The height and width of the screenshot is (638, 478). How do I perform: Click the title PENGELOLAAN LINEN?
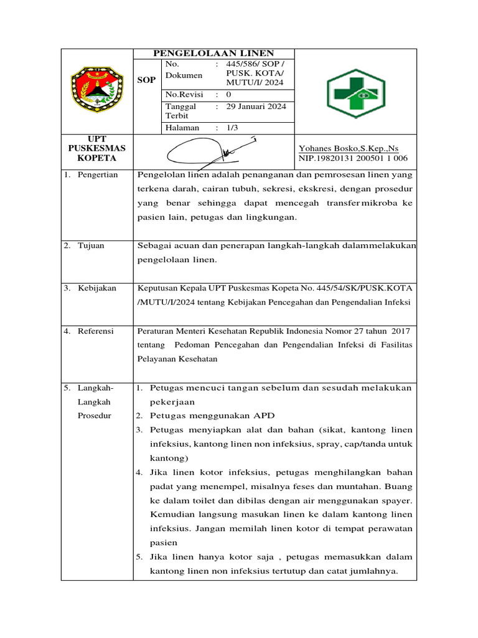(x=213, y=54)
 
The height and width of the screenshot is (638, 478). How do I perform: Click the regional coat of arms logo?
(x=93, y=92)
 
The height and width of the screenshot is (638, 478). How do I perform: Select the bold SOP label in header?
(x=147, y=81)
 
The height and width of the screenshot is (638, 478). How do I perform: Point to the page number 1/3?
(x=233, y=128)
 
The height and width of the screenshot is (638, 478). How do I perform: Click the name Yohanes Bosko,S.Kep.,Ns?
(x=349, y=148)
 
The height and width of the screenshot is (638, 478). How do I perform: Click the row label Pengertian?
(x=97, y=175)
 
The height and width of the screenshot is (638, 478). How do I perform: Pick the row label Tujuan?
(x=91, y=245)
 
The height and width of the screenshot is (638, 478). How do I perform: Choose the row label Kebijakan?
(x=96, y=288)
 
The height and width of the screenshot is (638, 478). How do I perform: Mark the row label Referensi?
(x=95, y=331)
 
